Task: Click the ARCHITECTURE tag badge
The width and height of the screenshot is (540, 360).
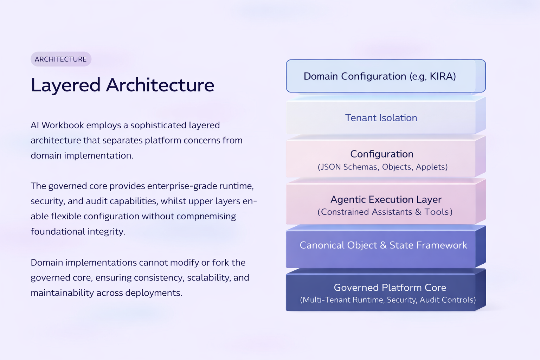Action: point(61,59)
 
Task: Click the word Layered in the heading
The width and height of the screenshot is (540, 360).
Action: point(66,85)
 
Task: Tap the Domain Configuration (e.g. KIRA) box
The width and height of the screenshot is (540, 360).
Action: point(385,76)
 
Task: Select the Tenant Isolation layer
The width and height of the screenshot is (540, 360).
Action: point(381,118)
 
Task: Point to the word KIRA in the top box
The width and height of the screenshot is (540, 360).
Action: point(443,76)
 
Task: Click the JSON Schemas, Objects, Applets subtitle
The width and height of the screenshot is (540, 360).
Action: point(382,167)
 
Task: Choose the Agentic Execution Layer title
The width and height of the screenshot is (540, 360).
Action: point(386,199)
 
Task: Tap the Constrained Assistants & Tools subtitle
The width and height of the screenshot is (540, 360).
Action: point(385,212)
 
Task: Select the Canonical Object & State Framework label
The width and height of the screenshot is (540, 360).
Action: point(383,245)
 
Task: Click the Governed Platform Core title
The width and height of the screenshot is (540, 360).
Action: point(390,288)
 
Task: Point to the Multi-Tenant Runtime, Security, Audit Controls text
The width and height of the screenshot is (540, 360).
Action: point(388,300)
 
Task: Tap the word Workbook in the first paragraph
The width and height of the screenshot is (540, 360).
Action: point(63,125)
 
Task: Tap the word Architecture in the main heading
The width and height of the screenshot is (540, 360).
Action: point(160,85)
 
